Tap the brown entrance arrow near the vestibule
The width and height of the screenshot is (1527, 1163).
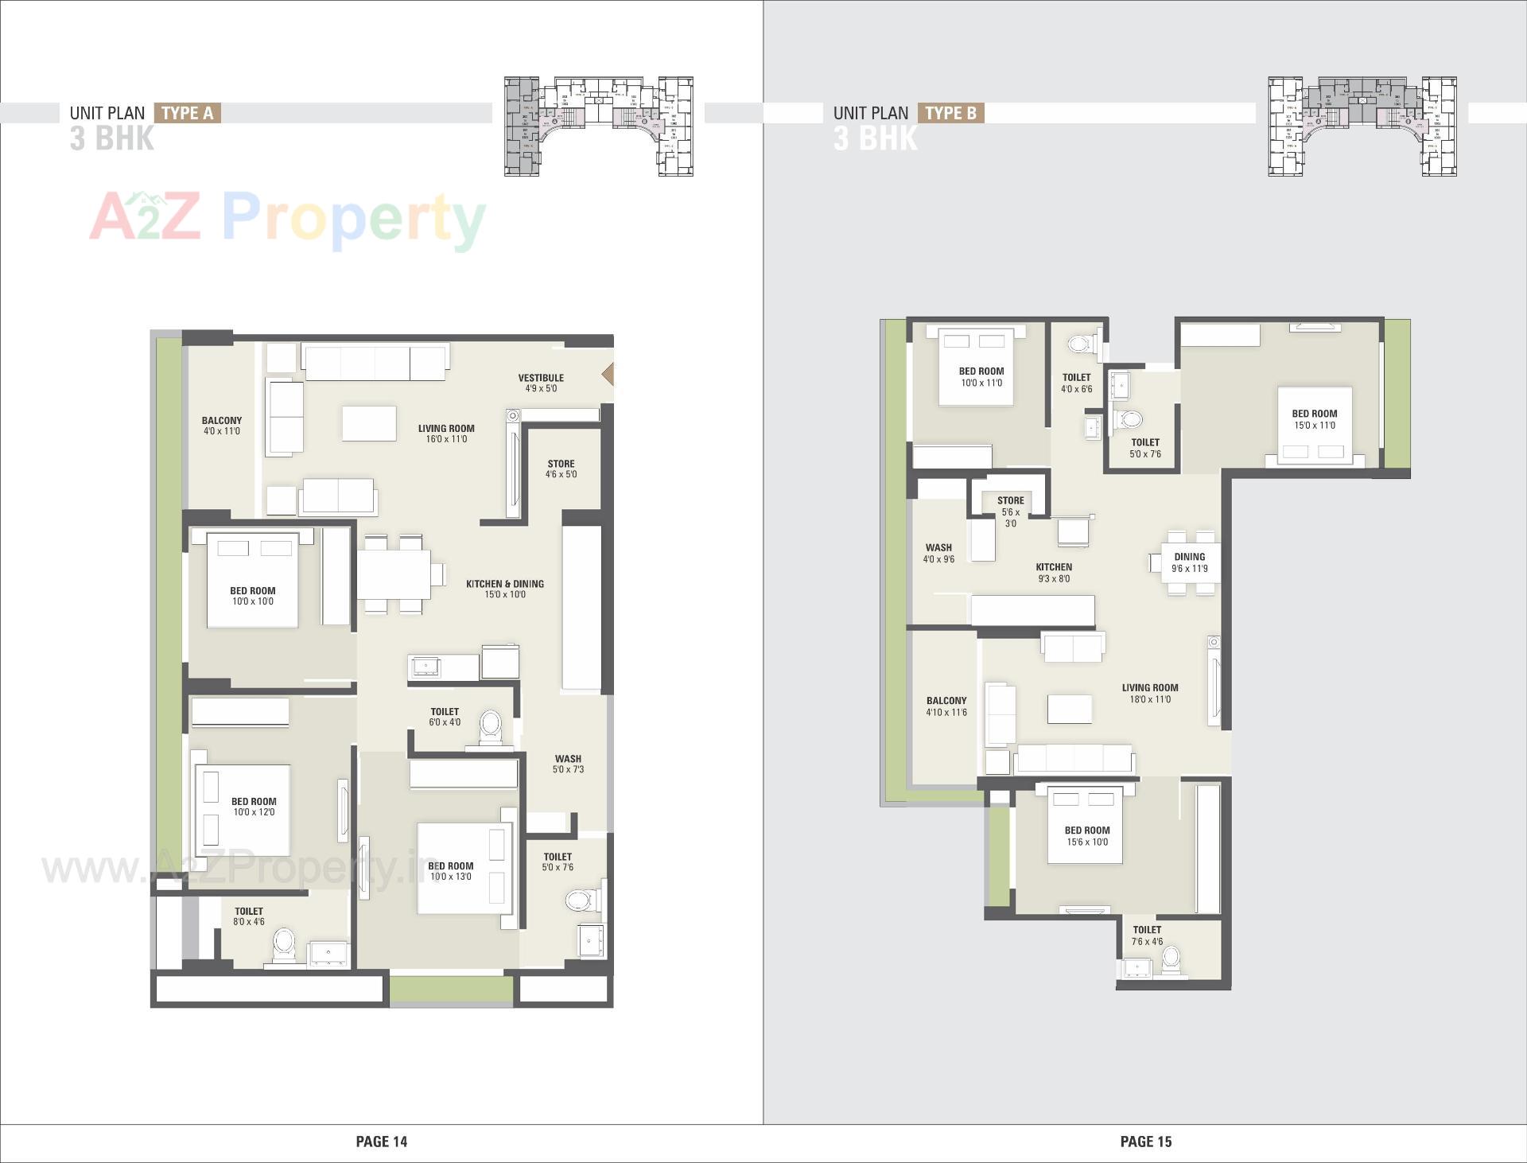pos(608,374)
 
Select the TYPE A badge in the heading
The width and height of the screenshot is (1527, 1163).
pos(187,113)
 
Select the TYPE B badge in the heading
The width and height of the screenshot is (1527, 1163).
pos(950,113)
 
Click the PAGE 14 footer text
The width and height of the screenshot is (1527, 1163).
pos(381,1142)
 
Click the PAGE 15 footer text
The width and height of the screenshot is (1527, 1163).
pos(1145,1142)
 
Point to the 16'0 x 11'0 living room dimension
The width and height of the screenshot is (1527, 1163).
pos(446,439)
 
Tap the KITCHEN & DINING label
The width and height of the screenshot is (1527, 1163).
pos(505,584)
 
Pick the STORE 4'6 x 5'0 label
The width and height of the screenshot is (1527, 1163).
pos(561,469)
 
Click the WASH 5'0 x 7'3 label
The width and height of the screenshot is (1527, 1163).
pos(568,764)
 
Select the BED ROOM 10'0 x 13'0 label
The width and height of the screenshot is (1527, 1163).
pos(451,871)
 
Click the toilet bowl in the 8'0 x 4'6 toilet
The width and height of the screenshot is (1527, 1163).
pos(284,946)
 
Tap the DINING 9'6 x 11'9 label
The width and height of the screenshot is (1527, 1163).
pos(1189,562)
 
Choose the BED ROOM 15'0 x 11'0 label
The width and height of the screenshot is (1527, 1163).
pos(1314,419)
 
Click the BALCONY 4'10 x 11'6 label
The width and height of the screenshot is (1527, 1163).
pos(946,706)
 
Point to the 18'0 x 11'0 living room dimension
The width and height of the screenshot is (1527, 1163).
pos(1150,699)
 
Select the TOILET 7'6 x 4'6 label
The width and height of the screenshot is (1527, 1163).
pos(1147,935)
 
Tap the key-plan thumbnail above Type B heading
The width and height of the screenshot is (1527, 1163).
pos(1362,126)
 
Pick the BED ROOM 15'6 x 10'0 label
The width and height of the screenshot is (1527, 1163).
pos(1086,835)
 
